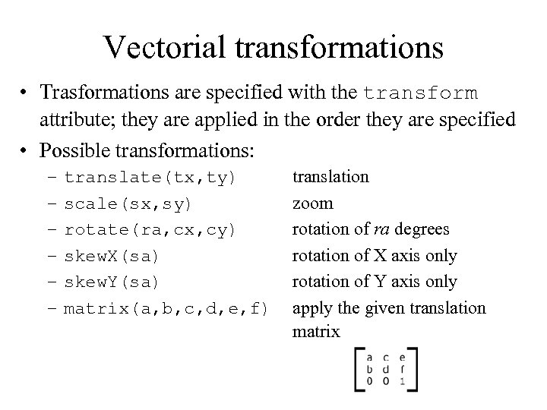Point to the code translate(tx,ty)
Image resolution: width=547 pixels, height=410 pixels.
[x=150, y=178]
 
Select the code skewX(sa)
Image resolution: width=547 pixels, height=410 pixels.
[x=112, y=256]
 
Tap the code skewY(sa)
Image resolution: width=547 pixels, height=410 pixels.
[x=112, y=282]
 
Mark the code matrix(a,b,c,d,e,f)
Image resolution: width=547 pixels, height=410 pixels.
[x=166, y=308]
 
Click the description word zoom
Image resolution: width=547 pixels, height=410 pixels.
[x=313, y=203]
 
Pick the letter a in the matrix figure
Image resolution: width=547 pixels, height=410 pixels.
[x=368, y=357]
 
